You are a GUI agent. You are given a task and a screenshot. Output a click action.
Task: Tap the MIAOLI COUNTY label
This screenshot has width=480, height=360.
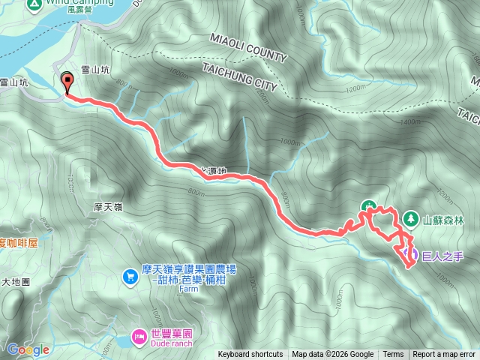point(247,47)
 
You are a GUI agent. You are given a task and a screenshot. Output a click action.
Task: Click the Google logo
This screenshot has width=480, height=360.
point(28,349)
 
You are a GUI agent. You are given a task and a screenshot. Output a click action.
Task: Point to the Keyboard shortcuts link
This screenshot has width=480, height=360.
point(250,355)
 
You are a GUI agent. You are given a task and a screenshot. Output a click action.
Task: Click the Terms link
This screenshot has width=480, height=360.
point(393,355)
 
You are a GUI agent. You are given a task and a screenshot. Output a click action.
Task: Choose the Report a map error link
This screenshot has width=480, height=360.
point(444,355)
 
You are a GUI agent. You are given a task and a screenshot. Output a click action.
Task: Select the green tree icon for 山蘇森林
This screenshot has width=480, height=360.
point(410,219)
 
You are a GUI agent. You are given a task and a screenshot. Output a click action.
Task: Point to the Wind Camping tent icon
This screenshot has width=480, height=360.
point(34,4)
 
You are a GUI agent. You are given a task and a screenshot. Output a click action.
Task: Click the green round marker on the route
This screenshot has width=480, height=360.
point(368,206)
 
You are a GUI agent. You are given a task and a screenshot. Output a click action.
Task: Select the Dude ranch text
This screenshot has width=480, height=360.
point(172,343)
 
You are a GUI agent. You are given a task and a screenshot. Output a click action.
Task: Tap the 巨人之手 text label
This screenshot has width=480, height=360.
point(444,256)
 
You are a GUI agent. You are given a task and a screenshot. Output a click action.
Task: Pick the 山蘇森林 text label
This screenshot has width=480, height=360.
point(444,220)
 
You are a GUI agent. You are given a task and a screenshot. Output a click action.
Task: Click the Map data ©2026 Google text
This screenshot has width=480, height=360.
point(333,355)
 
